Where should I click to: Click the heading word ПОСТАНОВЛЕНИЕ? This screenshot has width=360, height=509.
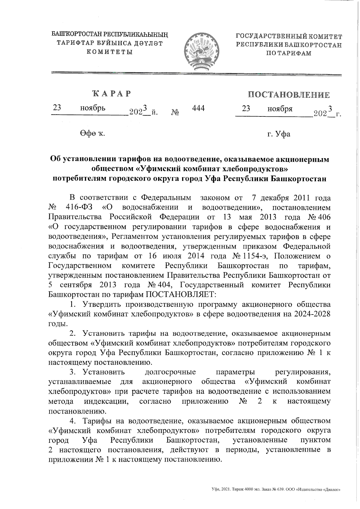point(289,95)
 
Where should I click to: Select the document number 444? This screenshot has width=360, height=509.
point(198,108)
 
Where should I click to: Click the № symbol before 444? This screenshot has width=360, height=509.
point(175,113)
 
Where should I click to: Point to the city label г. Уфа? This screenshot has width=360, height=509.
point(279,134)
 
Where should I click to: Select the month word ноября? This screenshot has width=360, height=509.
point(280,109)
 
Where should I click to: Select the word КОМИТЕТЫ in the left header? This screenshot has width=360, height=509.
point(109,52)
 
